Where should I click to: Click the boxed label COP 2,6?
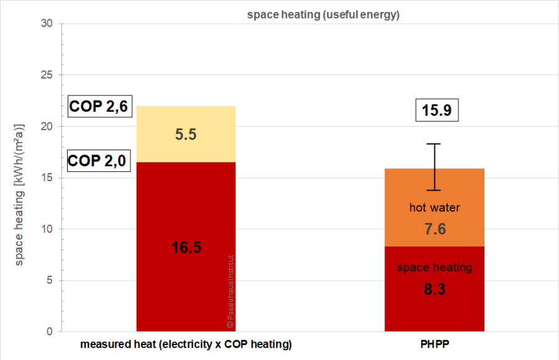[98, 107]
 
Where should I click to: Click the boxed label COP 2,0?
[97, 161]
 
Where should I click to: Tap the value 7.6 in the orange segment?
[435, 229]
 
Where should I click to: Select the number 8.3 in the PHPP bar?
[435, 289]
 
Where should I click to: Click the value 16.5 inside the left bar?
[186, 248]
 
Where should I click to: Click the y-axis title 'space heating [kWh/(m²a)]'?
[19, 194]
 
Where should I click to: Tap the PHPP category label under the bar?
[434, 344]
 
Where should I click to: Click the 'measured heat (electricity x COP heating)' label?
[186, 344]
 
